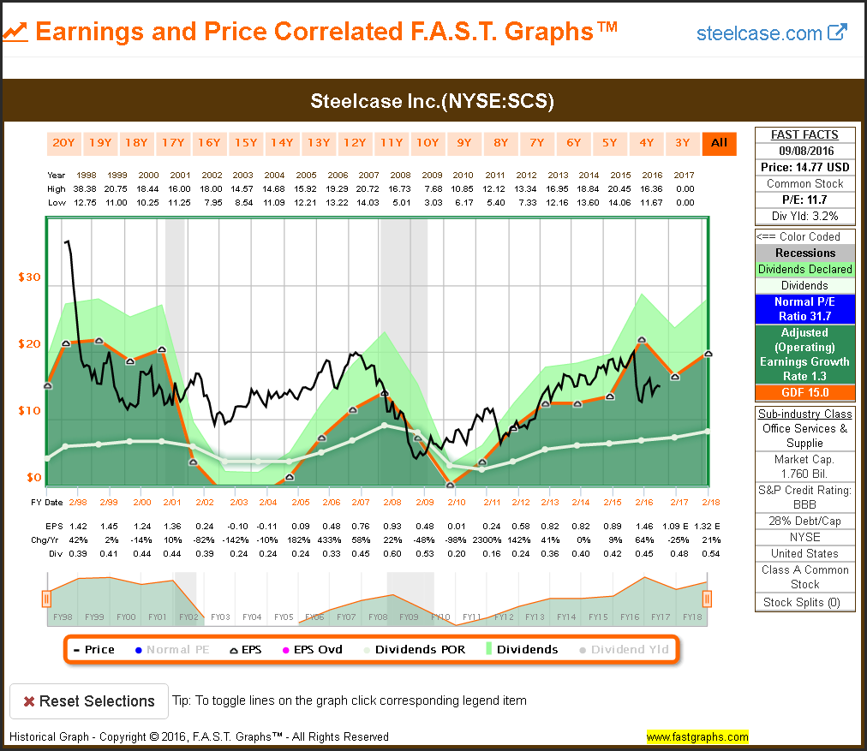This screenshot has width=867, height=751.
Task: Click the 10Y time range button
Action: point(427,143)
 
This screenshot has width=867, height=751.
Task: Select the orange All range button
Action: point(719,143)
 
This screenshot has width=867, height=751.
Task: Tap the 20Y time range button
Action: point(63,143)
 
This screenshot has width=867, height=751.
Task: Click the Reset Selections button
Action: point(88,701)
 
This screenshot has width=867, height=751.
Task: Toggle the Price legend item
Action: point(94,649)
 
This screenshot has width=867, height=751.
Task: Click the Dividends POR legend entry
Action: point(413,649)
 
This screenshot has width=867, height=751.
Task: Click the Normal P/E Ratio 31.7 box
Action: point(804,309)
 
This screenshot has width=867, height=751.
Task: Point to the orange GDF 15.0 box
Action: point(804,393)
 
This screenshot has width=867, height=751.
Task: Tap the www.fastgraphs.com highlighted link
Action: point(697,736)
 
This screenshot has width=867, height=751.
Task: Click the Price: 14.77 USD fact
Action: point(804,167)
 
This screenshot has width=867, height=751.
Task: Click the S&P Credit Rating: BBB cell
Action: point(804,498)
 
